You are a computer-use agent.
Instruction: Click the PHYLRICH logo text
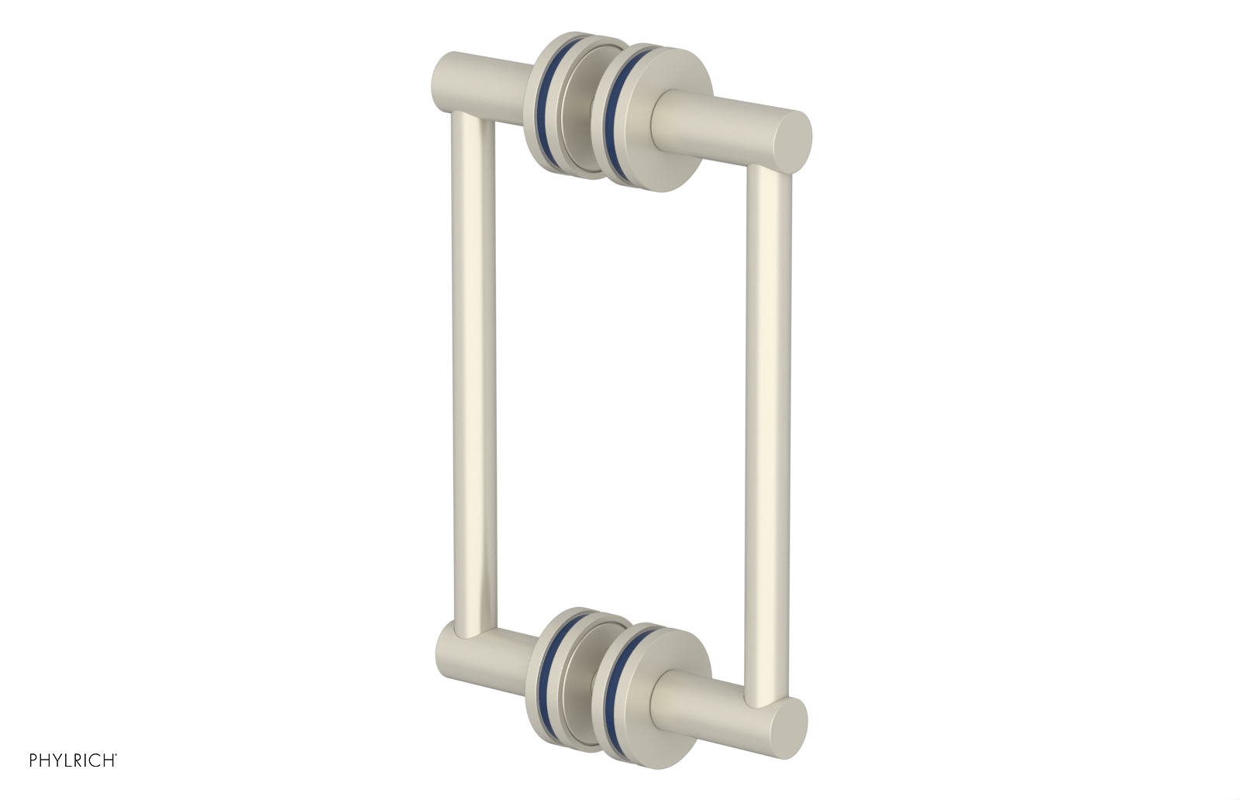[73, 760]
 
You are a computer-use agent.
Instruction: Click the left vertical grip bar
[472, 372]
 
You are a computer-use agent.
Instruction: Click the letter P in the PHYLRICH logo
[33, 760]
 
